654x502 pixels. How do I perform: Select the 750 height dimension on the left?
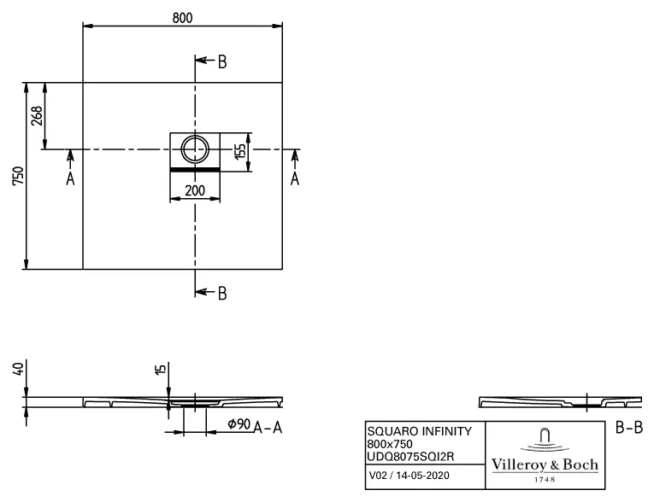pos(17,175)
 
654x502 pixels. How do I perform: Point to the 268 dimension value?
pos(37,116)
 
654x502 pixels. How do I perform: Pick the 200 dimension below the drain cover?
pos(195,190)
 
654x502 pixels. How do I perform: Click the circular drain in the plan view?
pos(195,150)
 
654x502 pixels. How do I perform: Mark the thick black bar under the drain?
pos(195,170)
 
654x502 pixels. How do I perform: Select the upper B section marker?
pos(221,61)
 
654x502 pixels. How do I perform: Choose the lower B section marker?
pos(221,293)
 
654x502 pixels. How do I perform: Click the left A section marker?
pos(70,178)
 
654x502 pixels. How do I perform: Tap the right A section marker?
pos(295,178)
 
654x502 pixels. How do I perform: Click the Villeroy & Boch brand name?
pos(545,464)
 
